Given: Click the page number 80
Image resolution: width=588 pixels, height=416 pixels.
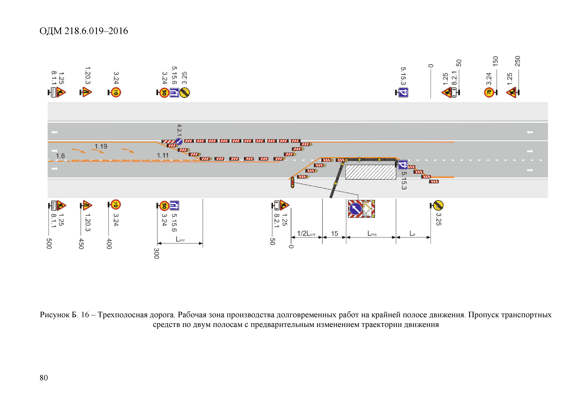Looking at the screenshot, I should (x=44, y=378).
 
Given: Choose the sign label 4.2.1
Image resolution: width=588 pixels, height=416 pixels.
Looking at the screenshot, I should (x=179, y=130).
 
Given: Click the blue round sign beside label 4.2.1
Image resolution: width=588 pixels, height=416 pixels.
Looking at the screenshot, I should (x=179, y=141).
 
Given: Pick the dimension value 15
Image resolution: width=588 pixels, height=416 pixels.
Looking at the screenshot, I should (x=334, y=233).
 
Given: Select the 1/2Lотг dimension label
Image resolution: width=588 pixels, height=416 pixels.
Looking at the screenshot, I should (x=306, y=233).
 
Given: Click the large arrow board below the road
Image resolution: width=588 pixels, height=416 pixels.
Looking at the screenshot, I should (x=361, y=209).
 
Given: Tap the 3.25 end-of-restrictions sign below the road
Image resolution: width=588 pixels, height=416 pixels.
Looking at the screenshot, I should (x=438, y=205).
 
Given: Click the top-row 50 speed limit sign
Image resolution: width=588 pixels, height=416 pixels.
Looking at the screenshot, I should (x=164, y=93).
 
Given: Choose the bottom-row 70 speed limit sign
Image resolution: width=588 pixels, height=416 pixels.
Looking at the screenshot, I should (x=116, y=205).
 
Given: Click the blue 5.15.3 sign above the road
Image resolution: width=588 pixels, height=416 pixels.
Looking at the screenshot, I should (x=403, y=93).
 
